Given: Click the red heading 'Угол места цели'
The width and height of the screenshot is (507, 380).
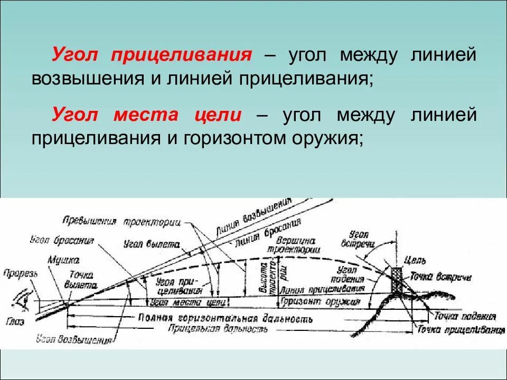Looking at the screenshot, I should tap(147, 116).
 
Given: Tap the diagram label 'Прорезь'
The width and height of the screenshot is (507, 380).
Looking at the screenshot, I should tap(21, 273).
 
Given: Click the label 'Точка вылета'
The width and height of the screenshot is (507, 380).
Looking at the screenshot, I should tap(81, 279).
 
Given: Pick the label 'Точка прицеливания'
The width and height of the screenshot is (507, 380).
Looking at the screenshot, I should tap(459, 329).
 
